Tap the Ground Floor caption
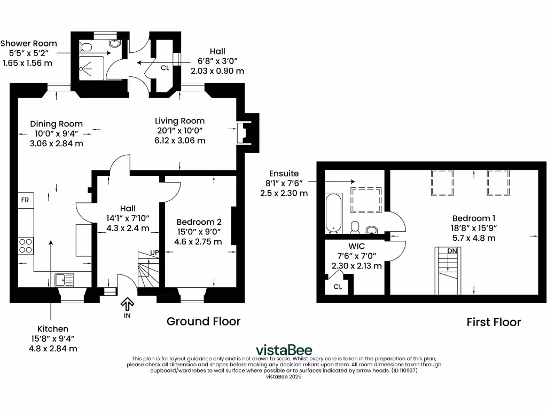point(204,321)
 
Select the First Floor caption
point(494,322)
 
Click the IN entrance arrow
point(127,305)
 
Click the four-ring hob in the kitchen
point(26,245)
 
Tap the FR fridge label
point(25,200)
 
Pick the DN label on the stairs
point(452,251)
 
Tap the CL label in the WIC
point(338,286)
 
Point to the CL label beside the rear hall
point(166,68)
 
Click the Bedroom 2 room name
point(199,222)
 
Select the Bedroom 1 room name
point(474,218)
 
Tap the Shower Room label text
point(28,43)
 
